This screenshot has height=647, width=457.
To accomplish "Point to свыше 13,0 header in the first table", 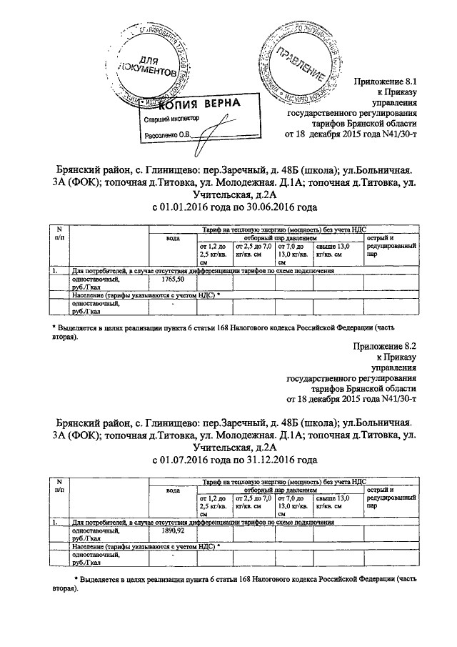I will pyautogui.click(x=332, y=250).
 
